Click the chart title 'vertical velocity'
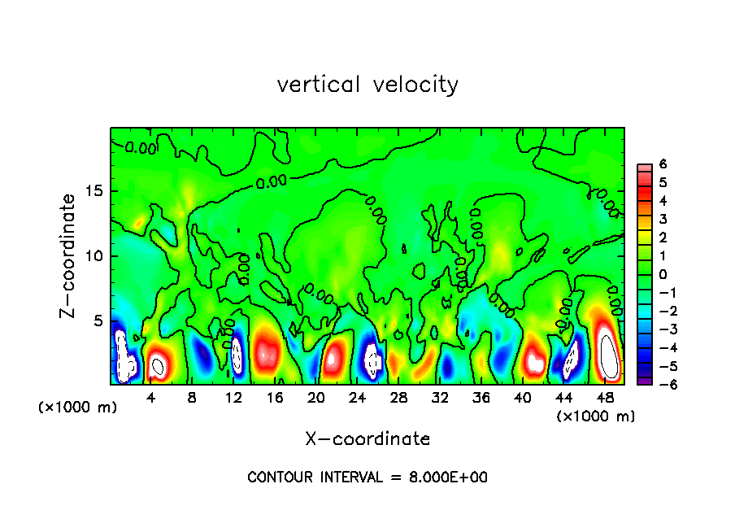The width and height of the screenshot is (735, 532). [x=367, y=85]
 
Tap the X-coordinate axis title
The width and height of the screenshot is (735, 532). [x=367, y=439]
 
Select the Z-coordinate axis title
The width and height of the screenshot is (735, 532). [x=69, y=255]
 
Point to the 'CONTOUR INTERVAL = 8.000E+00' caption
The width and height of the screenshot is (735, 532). [x=367, y=477]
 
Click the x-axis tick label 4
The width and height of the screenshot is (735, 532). [x=151, y=397]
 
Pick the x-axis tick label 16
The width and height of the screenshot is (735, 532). [x=274, y=397]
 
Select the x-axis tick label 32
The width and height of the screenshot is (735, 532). [x=440, y=397]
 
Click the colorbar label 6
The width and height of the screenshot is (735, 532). [x=663, y=164]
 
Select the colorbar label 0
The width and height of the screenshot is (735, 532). [x=663, y=274]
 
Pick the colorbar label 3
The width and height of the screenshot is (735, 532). [x=663, y=219]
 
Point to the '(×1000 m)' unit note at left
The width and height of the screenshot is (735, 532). [x=78, y=408]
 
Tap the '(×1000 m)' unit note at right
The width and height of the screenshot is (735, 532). [x=595, y=416]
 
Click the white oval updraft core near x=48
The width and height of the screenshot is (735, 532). [x=608, y=355]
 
